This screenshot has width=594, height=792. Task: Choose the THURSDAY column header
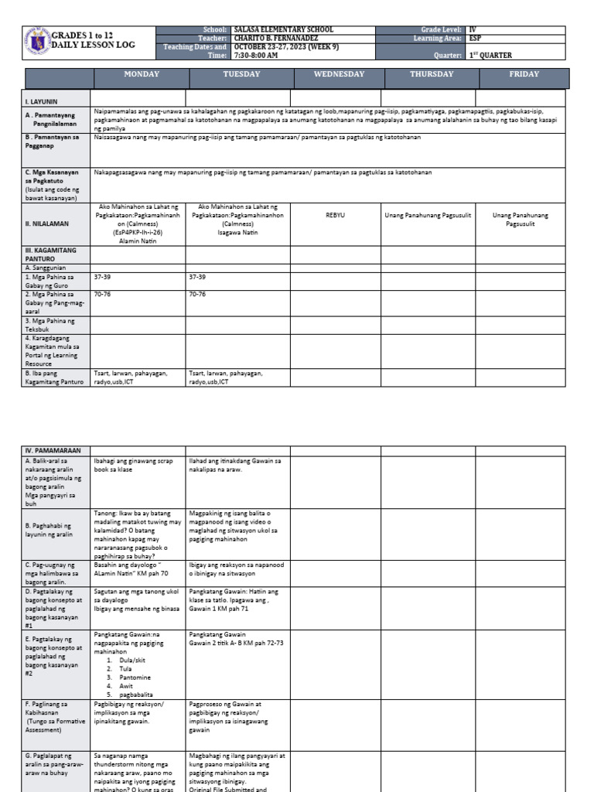pyautogui.click(x=432, y=74)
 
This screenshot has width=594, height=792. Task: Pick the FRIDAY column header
pyautogui.click(x=524, y=74)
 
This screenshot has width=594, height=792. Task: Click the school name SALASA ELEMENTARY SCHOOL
pyautogui.click(x=284, y=29)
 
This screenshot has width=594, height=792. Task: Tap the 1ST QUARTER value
pyautogui.click(x=490, y=56)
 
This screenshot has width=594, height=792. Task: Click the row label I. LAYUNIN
pyautogui.click(x=42, y=101)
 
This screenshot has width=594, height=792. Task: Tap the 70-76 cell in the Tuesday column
pyautogui.click(x=197, y=294)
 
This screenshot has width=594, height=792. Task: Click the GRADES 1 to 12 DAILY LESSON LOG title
pyautogui.click(x=93, y=40)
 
